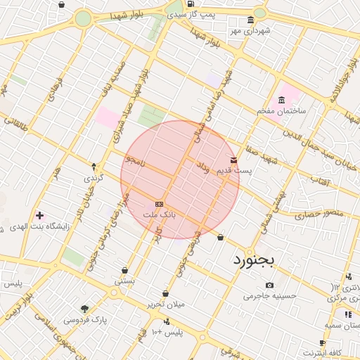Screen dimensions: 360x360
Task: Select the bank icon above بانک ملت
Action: pos(159,203)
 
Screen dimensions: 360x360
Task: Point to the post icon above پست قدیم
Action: pos(234,160)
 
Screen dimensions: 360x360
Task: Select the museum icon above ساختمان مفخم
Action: pos(282,99)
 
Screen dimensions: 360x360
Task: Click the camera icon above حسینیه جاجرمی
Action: pos(270,285)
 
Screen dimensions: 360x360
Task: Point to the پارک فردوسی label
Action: pos(85,319)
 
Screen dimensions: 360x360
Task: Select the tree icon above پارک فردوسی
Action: pos(85,309)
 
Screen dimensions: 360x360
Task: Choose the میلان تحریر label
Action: pos(165,304)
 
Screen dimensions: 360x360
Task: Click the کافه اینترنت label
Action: pos(322,352)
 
